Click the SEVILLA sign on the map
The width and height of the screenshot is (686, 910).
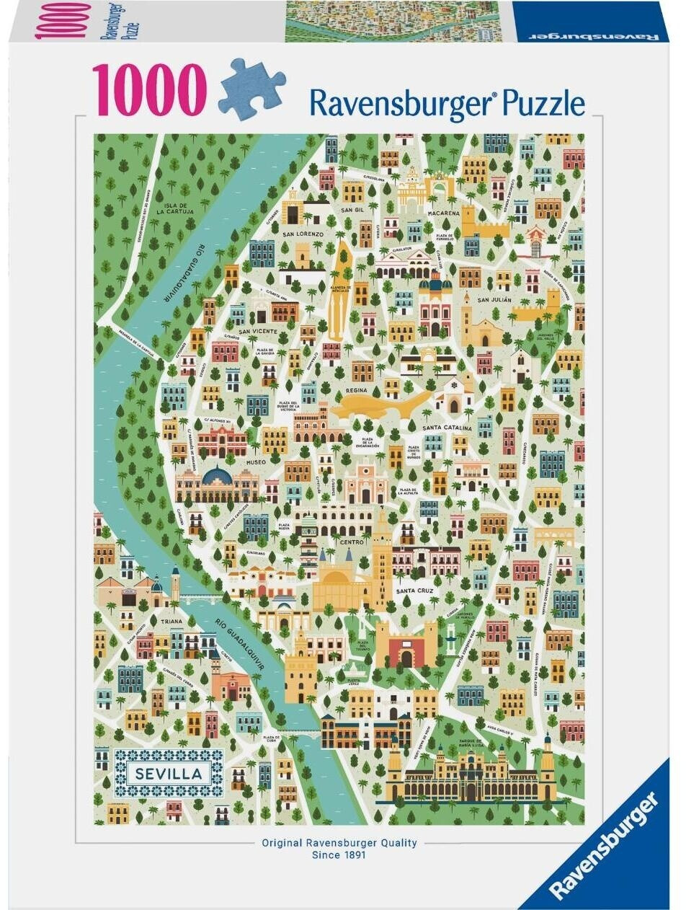169,774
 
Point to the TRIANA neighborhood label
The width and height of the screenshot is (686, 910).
171,620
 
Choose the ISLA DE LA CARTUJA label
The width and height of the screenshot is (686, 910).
174,209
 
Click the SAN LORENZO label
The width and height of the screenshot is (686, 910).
303,234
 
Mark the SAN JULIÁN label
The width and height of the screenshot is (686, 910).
494,299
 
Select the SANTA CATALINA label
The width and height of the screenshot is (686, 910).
447,428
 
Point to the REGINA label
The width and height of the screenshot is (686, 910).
357,390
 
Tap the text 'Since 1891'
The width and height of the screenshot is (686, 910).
339,855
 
